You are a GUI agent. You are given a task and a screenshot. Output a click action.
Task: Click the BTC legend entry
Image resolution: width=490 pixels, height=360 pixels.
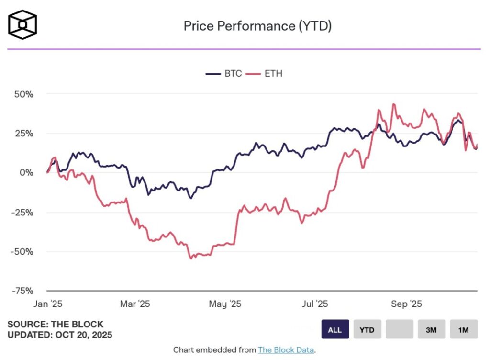(223, 74)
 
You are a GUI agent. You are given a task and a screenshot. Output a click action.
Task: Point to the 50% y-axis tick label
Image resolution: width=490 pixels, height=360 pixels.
(23, 94)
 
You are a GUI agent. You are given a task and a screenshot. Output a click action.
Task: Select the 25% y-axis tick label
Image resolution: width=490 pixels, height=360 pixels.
(23, 134)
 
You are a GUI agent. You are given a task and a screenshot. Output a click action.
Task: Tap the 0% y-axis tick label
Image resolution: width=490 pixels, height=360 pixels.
(26, 173)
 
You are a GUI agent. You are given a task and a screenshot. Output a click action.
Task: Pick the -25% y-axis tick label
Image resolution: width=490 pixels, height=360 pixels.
(22, 212)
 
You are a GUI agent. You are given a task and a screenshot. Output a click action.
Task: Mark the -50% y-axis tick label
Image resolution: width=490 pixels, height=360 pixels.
(22, 251)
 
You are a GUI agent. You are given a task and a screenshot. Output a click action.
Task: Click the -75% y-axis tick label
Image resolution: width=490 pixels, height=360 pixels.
(22, 291)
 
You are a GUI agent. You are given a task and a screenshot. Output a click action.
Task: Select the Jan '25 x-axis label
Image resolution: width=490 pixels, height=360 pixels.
(48, 304)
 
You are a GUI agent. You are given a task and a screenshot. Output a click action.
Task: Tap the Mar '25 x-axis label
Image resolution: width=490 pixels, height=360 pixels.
(135, 304)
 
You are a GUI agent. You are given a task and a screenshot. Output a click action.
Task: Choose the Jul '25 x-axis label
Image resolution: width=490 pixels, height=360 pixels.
(315, 304)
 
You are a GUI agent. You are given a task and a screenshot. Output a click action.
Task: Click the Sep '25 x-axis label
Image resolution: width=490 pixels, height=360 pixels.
(406, 304)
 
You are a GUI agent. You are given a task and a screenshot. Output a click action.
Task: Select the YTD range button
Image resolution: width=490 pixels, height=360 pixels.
(367, 330)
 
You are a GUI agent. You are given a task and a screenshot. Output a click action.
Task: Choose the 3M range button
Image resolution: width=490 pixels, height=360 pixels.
(432, 330)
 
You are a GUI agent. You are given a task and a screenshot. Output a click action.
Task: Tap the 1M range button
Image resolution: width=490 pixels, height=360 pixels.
(464, 330)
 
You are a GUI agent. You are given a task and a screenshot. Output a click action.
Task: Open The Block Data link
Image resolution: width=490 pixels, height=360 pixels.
(286, 350)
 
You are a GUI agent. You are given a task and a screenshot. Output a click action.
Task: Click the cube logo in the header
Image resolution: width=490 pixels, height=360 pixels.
(22, 24)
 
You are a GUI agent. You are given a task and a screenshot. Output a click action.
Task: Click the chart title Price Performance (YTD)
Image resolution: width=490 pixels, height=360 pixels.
(257, 26)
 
